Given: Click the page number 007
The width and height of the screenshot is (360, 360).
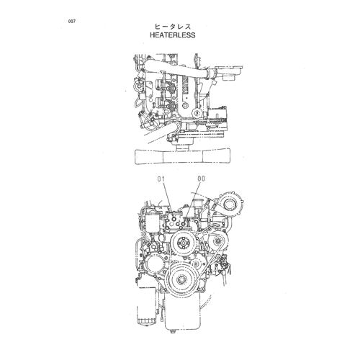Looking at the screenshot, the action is [x=72, y=22].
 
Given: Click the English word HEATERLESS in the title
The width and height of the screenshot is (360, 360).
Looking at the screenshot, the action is [x=173, y=35].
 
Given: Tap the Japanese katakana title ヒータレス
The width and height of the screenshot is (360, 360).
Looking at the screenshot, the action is [x=173, y=27].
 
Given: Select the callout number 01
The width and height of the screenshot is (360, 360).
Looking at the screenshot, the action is [x=161, y=179].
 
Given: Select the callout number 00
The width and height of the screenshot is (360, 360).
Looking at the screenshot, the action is [x=202, y=179].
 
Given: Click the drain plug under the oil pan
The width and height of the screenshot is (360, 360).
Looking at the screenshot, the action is [x=172, y=331].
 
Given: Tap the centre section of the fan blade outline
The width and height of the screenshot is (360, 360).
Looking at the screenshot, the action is [x=183, y=156].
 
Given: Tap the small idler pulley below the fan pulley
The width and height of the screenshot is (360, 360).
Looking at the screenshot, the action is [x=196, y=264].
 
